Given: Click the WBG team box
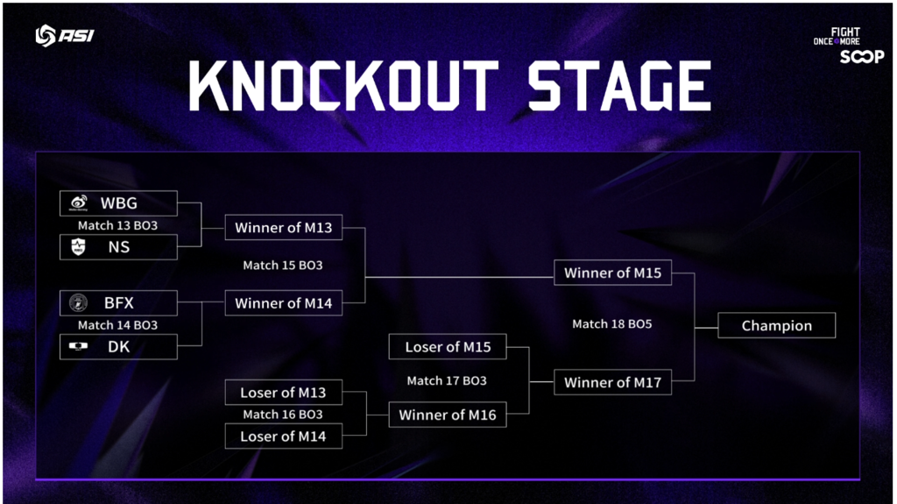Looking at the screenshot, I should (118, 203).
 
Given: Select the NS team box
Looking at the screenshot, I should (118, 247).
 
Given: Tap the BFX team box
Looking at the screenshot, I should (118, 303).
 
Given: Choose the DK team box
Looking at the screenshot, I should (118, 347).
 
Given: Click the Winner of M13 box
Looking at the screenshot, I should (283, 228).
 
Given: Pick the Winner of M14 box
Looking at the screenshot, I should (283, 303).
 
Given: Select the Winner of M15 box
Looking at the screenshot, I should (612, 273).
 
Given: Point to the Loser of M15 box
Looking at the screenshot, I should (448, 347).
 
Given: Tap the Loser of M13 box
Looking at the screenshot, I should (283, 393).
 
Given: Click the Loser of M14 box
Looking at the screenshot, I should (283, 436).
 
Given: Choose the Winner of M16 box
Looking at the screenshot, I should (448, 415).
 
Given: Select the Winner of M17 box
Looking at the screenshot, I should (612, 382).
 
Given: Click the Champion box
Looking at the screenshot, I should (776, 325).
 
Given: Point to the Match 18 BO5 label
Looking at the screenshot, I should (612, 324).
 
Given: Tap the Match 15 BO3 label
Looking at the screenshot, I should (283, 265).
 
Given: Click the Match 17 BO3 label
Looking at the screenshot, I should (447, 381).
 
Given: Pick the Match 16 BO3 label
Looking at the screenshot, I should (283, 415).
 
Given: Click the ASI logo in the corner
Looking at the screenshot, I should (64, 36).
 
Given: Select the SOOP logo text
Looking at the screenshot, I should (862, 57).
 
